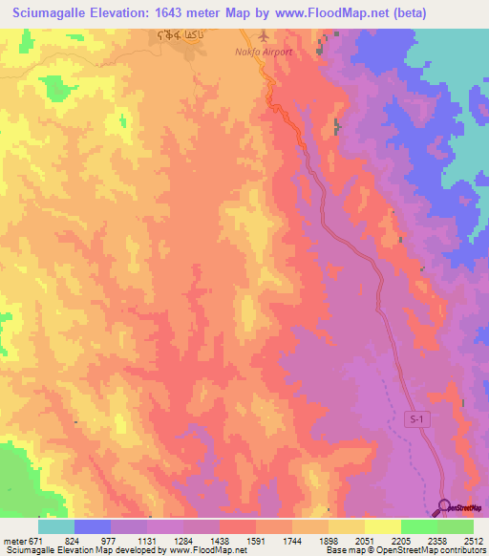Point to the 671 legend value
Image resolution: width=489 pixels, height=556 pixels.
click(x=37, y=540)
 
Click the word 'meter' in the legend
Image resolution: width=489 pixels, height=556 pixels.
click(x=14, y=540)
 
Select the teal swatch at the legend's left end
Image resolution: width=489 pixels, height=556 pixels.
click(x=56, y=526)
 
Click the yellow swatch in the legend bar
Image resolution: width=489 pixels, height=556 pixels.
click(x=382, y=526)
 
